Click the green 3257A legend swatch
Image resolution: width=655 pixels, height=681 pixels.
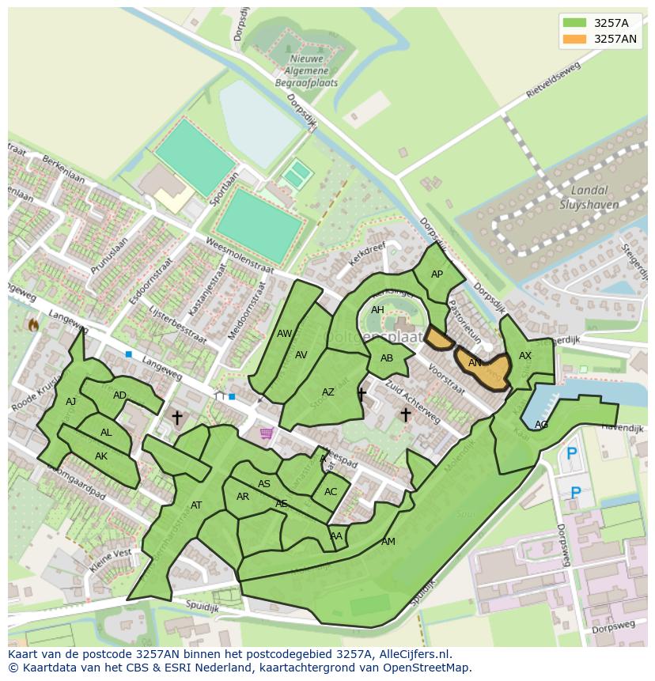575,22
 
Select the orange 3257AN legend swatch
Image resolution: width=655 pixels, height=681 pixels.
575,39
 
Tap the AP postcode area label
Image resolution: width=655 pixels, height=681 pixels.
437,274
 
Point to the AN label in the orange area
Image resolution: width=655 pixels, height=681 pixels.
475,363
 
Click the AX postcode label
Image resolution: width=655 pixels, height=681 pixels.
525,356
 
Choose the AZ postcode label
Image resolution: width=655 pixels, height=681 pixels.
328,392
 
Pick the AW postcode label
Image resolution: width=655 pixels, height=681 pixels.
285,334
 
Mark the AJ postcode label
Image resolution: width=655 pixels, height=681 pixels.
71,402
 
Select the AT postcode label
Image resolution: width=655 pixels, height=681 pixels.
196,505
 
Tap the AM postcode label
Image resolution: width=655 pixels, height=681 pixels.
388,542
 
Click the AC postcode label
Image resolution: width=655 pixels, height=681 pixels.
331,492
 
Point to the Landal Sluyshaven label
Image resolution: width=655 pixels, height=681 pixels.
589,197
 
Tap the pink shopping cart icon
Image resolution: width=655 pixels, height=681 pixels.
266,433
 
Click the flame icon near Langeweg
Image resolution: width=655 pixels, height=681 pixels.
33,324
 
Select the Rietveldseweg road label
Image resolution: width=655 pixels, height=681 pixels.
559,81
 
